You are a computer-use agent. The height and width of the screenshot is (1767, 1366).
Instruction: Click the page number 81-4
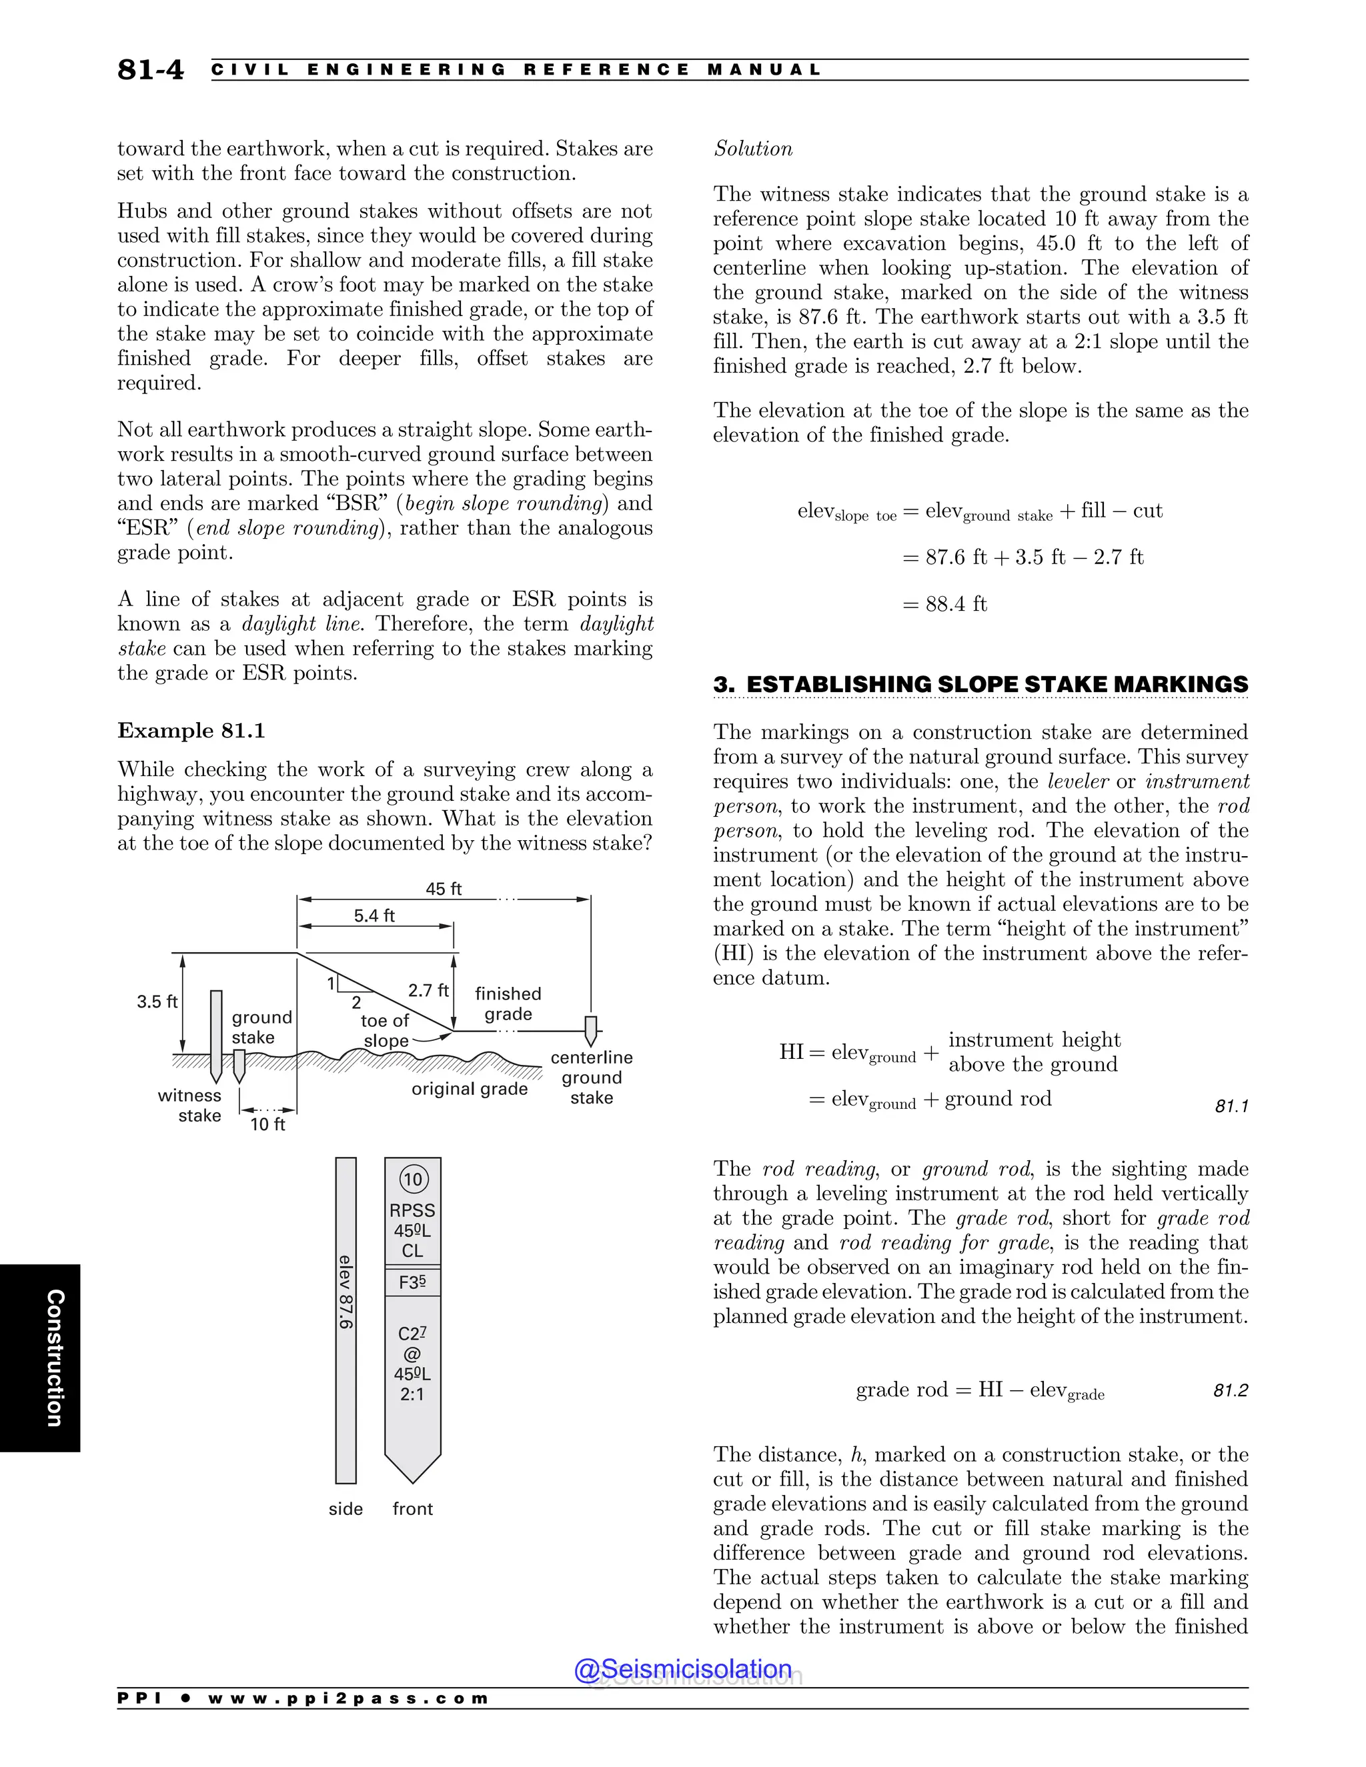coord(151,69)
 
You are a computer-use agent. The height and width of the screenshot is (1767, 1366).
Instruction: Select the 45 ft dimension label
coord(444,888)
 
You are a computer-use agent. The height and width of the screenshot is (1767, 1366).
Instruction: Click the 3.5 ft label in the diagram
coord(157,1001)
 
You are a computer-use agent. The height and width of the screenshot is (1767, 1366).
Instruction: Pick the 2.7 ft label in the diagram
coord(428,990)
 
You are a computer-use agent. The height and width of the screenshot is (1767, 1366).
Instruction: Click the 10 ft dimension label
coord(268,1124)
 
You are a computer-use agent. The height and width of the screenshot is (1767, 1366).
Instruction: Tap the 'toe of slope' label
coord(386,1031)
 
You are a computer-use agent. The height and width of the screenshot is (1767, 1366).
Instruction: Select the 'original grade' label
coord(470,1088)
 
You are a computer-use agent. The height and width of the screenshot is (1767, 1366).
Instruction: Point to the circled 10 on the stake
coord(413,1179)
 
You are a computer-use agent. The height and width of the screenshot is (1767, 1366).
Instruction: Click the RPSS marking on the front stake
coord(412,1210)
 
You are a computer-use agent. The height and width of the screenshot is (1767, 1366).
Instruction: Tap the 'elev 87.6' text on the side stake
coord(346,1292)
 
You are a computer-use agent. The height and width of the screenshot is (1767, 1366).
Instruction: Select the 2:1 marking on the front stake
coord(412,1394)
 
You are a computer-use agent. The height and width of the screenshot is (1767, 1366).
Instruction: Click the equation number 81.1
coord(1231,1106)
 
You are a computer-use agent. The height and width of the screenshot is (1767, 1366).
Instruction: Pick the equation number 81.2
coord(1230,1390)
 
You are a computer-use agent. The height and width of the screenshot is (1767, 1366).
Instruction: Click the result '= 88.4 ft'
coord(944,604)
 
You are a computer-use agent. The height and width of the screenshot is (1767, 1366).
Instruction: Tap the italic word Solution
coord(752,149)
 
